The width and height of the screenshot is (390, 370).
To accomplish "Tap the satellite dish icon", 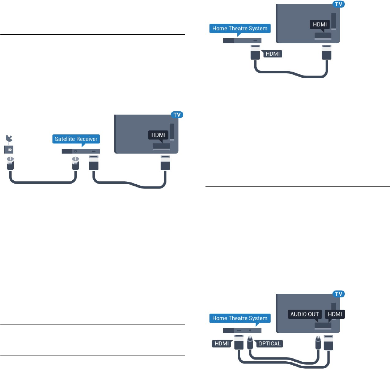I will [x=9, y=138].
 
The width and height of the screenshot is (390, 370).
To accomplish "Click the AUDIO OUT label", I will [x=304, y=314].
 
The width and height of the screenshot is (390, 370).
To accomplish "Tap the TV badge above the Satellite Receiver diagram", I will [x=176, y=115].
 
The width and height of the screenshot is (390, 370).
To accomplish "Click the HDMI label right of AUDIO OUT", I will [x=334, y=314].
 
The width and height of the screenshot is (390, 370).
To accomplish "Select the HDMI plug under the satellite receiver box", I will [x=94, y=163].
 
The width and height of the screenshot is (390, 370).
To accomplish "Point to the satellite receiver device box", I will [x=81, y=151].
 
